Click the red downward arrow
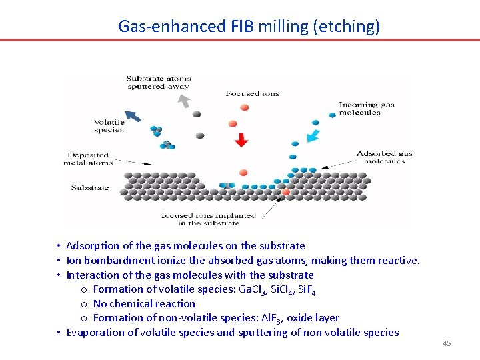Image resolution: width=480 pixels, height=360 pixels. [241, 140]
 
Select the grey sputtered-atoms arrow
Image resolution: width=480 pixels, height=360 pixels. [183, 101]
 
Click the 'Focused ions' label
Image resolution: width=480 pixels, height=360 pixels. [252, 94]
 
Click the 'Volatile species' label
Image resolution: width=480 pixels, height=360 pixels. [109, 126]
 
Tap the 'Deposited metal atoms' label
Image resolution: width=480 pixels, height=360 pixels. [87, 159]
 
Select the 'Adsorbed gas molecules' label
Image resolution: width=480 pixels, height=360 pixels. [384, 157]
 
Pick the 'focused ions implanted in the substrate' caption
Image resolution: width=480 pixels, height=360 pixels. [208, 219]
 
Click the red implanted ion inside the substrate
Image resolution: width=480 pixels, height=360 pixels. [286, 192]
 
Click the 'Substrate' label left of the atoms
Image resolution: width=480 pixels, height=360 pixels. [90, 188]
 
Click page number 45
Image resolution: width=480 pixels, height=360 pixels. [447, 344]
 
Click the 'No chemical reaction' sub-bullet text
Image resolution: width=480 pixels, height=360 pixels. [144, 304]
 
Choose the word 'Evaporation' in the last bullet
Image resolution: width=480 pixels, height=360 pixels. [94, 333]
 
